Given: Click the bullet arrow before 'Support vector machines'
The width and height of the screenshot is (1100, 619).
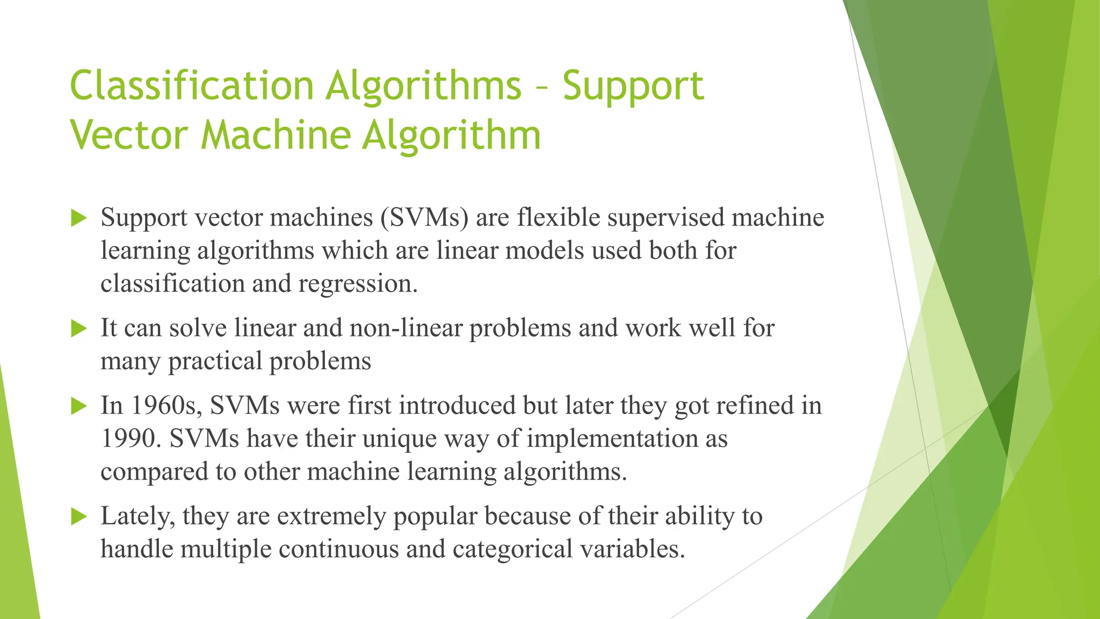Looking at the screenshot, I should click(78, 218).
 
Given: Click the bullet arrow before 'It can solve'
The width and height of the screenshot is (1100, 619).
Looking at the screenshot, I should click(78, 328).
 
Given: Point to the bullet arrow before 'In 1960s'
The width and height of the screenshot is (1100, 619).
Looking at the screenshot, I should click(78, 406).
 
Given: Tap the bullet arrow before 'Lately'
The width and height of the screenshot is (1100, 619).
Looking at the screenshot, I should click(78, 516).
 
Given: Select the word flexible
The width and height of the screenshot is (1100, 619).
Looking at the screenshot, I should click(559, 218).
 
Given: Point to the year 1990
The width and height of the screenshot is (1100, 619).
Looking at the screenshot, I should click(131, 439).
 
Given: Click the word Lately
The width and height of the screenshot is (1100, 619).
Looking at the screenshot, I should click(137, 516).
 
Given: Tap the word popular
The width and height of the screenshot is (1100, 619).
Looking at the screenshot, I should click(435, 516).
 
